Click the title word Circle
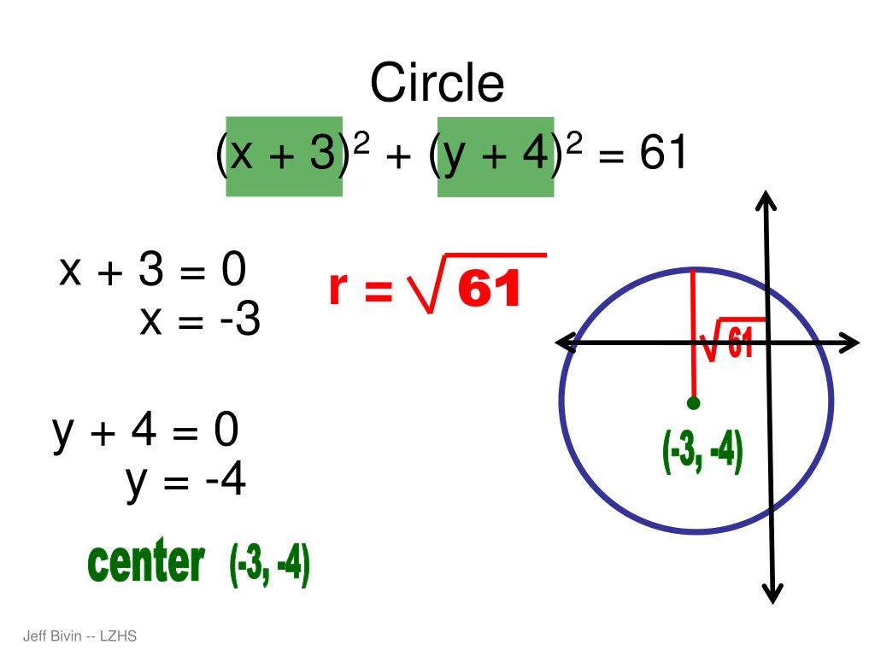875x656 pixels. (x=437, y=84)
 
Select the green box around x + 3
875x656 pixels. (x=284, y=156)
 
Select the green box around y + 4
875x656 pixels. (x=496, y=156)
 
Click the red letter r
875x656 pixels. (x=338, y=289)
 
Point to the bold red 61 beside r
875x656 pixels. (x=489, y=290)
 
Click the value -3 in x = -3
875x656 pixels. (x=238, y=322)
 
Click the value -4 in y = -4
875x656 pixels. (x=226, y=480)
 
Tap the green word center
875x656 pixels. (x=146, y=563)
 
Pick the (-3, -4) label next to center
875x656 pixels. (x=269, y=565)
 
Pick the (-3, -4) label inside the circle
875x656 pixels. (x=702, y=452)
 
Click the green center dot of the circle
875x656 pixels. (x=693, y=402)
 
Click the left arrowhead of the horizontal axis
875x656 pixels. (x=564, y=343)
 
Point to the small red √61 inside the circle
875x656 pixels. (x=728, y=342)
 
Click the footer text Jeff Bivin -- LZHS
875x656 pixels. (x=79, y=635)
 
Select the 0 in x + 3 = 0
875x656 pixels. (x=233, y=272)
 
